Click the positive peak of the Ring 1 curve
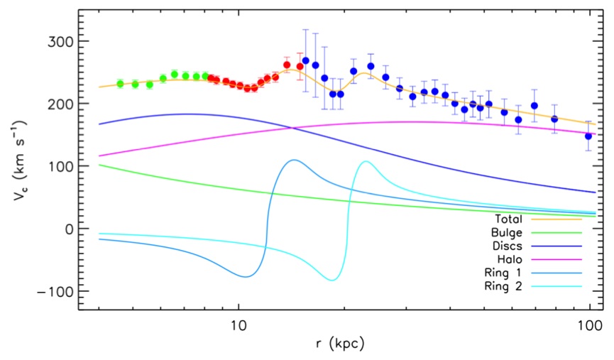coord(293,160)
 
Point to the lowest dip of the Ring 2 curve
coord(331,280)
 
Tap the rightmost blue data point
coord(588,136)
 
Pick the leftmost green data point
coord(120,84)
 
